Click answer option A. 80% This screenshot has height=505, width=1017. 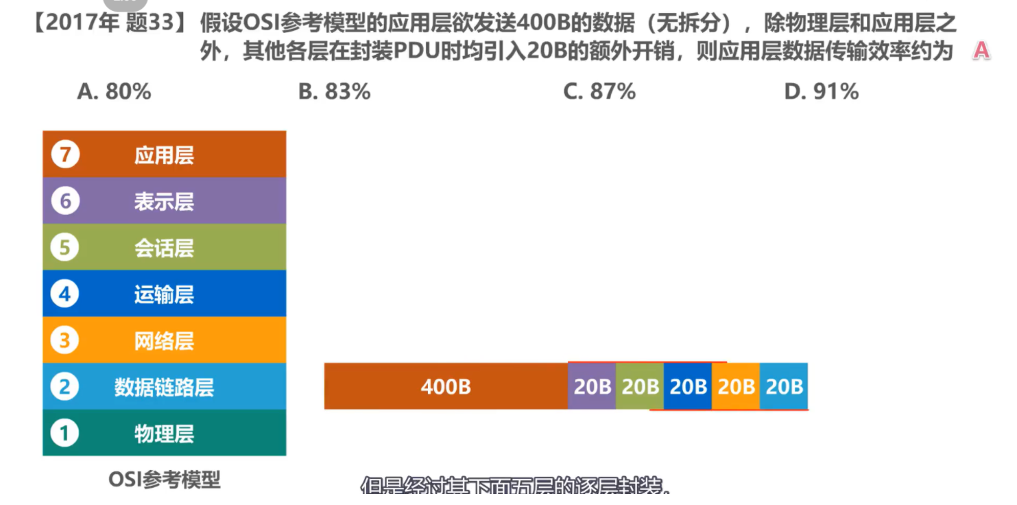tap(114, 92)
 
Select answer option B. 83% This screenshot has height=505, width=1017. tap(334, 92)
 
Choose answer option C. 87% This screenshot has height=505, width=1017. tap(599, 92)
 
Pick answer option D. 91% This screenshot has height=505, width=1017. tap(821, 92)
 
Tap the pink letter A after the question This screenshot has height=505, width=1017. tap(981, 51)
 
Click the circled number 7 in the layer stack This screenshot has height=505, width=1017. tap(65, 155)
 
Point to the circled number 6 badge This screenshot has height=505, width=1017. tap(65, 201)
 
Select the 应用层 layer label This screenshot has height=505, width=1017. tap(164, 156)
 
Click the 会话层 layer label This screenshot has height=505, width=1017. tap(164, 248)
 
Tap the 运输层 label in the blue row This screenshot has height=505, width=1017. tap(164, 295)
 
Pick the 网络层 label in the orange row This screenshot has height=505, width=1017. tap(164, 341)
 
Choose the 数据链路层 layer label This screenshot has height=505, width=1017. tap(164, 388)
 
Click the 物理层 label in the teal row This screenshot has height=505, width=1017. tap(164, 434)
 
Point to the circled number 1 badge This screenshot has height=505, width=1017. tap(65, 434)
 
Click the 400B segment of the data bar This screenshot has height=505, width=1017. tap(446, 387)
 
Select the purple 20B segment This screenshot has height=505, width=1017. tap(592, 387)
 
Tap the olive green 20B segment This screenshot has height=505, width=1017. tap(640, 387)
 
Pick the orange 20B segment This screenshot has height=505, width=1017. tap(736, 387)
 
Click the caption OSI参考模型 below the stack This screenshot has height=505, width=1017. tap(165, 479)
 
